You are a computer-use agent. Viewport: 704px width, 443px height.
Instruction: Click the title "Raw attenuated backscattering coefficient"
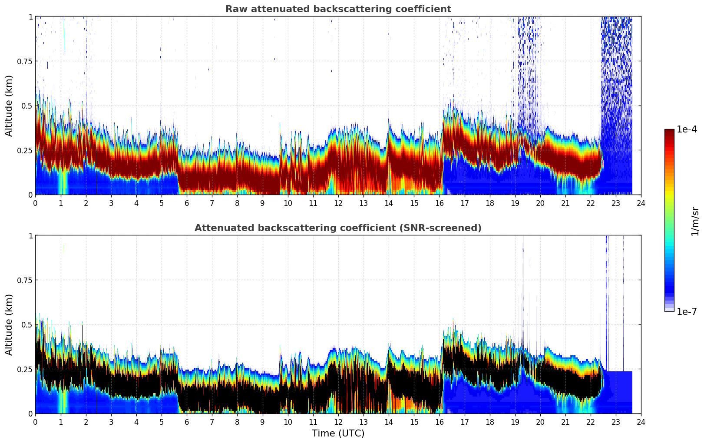pyautogui.click(x=338, y=9)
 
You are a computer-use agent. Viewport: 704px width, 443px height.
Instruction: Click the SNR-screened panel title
pyautogui.click(x=338, y=228)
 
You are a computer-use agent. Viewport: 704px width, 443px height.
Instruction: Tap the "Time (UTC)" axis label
pyautogui.click(x=338, y=433)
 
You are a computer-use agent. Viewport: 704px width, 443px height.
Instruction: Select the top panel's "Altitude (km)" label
pyautogui.click(x=9, y=106)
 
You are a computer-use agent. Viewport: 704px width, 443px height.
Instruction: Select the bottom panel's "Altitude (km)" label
pyautogui.click(x=9, y=324)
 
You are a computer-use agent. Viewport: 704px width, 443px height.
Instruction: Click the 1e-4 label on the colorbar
pyautogui.click(x=686, y=129)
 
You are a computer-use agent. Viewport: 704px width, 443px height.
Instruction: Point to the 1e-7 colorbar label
pyautogui.click(x=686, y=311)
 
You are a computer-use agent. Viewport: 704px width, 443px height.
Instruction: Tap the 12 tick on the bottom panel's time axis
pyautogui.click(x=338, y=422)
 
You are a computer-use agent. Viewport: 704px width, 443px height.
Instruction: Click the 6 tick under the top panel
pyautogui.click(x=187, y=203)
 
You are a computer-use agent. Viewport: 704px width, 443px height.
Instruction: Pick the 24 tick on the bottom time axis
pyautogui.click(x=641, y=422)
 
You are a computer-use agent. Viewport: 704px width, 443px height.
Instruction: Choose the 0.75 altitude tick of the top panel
pyautogui.click(x=24, y=61)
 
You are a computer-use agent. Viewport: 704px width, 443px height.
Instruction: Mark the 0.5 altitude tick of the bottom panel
pyautogui.click(x=27, y=324)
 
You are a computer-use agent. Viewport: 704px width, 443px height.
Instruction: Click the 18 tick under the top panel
pyautogui.click(x=489, y=203)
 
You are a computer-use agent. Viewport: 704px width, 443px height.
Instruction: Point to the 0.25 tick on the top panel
pyautogui.click(x=24, y=150)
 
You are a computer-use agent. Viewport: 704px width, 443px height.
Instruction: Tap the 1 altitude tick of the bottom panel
pyautogui.click(x=30, y=235)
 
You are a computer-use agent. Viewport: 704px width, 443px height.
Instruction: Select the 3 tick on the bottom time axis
pyautogui.click(x=111, y=422)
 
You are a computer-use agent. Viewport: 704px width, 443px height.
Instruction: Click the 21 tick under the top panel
pyautogui.click(x=565, y=203)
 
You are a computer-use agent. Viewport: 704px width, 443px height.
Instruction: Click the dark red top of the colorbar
pyautogui.click(x=669, y=132)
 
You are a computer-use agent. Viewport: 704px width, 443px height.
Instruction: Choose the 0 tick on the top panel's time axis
pyautogui.click(x=36, y=203)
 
